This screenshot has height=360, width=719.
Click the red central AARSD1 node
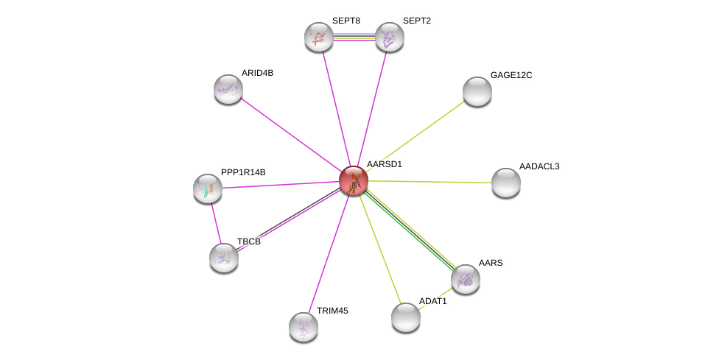pyautogui.click(x=354, y=180)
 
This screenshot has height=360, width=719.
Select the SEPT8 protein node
pyautogui.click(x=319, y=37)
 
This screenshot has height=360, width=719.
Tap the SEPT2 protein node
pyautogui.click(x=389, y=37)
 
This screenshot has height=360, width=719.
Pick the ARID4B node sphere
pyautogui.click(x=228, y=89)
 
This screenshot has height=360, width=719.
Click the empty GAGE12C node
pyautogui.click(x=477, y=91)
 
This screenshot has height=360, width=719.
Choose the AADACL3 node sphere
pyautogui.click(x=506, y=183)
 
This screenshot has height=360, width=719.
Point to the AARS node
pyautogui.click(x=466, y=279)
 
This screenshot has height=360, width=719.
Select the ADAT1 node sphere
pyautogui.click(x=406, y=317)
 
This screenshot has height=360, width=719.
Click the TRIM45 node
pyautogui.click(x=304, y=327)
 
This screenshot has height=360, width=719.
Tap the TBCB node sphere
pyautogui.click(x=224, y=258)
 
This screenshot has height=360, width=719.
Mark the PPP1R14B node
pyautogui.click(x=208, y=188)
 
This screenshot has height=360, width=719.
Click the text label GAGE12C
pyautogui.click(x=511, y=75)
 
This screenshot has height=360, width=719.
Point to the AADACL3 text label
pyautogui.click(x=539, y=166)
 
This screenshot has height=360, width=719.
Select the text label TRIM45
pyautogui.click(x=332, y=311)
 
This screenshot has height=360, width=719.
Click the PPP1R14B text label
pyautogui.click(x=243, y=172)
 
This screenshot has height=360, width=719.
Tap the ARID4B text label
pyautogui.click(x=257, y=73)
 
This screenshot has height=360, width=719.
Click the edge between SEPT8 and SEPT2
pyautogui.click(x=354, y=37)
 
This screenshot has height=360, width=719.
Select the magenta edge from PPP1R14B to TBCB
pyautogui.click(x=216, y=224)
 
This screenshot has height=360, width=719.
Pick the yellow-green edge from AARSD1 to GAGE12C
pyautogui.click(x=415, y=136)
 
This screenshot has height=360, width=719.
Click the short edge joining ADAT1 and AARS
pyautogui.click(x=435, y=298)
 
